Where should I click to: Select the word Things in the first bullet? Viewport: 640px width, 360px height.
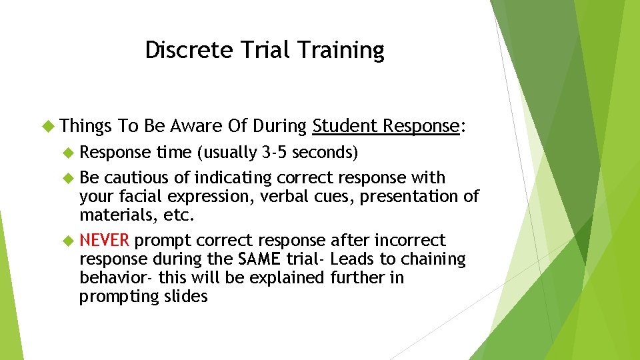(86, 126)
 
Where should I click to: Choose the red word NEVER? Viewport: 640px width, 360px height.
(103, 240)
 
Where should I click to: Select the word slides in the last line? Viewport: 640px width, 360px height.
(185, 296)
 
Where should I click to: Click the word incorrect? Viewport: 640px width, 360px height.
(410, 240)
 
